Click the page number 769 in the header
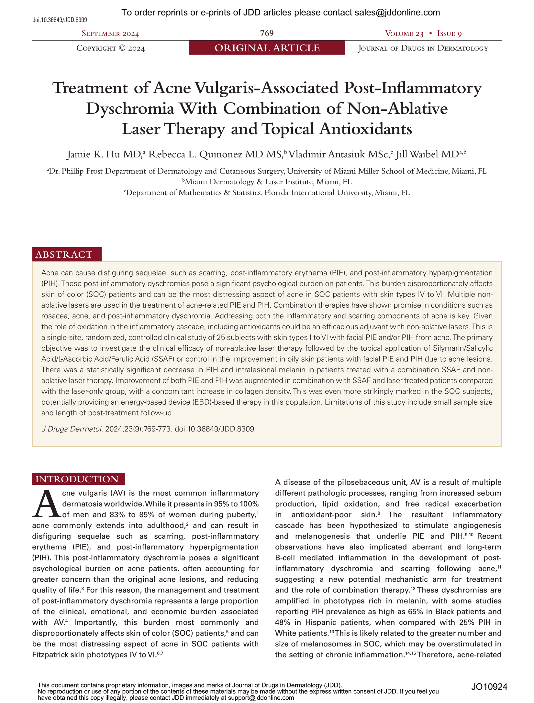(x=267, y=33)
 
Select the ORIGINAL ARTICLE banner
(x=267, y=48)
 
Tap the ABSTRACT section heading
(x=64, y=254)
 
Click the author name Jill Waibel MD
(x=427, y=154)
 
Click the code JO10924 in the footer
(x=489, y=687)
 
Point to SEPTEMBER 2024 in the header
(x=110, y=34)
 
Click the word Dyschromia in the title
(x=130, y=109)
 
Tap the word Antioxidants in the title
(x=366, y=129)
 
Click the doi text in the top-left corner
(x=60, y=20)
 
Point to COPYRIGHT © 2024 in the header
(x=110, y=48)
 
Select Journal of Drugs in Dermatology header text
(x=423, y=48)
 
